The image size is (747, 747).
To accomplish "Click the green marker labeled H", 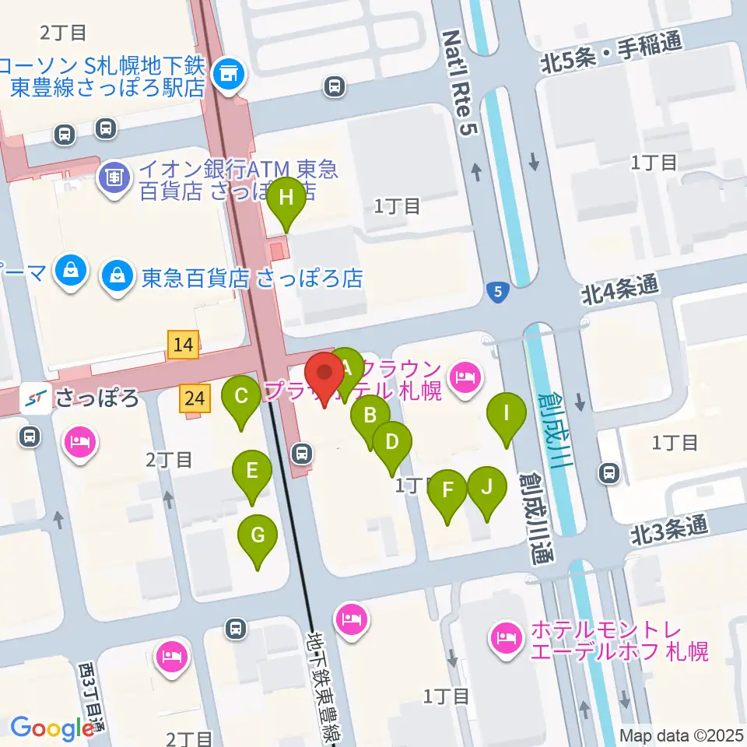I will point(286,198).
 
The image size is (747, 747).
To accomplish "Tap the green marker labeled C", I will point(241,396).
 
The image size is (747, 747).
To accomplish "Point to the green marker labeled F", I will point(447,490).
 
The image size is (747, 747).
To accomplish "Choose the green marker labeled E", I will point(251,471).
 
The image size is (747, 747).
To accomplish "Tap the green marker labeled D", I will point(392,443).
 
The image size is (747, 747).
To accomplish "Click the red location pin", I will point(324,376).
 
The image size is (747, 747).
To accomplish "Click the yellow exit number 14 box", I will point(184,344).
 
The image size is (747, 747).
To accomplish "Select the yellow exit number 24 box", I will point(195,400).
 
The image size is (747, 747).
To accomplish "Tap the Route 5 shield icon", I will point(497,293).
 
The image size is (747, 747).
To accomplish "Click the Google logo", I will point(52,728).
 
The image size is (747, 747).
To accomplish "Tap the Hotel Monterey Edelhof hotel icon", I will point(507,640).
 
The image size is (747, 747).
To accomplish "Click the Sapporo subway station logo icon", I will point(33,399).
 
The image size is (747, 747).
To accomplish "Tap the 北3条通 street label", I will point(668,531).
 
